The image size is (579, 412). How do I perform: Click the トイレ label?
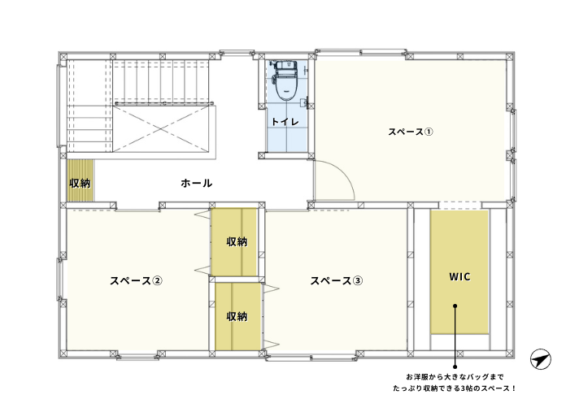(x=285, y=122)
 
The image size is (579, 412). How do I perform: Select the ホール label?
(x=197, y=183)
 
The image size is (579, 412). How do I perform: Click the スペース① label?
(x=410, y=132)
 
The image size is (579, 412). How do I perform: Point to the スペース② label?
(x=136, y=280)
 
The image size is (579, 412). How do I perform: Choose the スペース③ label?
(x=337, y=280)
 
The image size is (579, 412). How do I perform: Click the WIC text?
(x=459, y=276)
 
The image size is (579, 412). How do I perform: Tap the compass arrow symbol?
(x=541, y=359)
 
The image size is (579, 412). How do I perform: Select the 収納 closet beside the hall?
(x=81, y=180)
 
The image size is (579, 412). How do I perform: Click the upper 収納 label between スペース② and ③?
(x=237, y=241)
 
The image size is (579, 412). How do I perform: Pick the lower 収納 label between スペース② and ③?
(x=237, y=316)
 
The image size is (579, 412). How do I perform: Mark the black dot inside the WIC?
(x=455, y=306)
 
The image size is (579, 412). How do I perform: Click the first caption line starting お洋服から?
(x=455, y=377)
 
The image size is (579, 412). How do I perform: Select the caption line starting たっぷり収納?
(x=455, y=388)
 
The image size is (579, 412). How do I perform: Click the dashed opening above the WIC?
(x=460, y=206)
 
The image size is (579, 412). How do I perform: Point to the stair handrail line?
(x=164, y=104)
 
